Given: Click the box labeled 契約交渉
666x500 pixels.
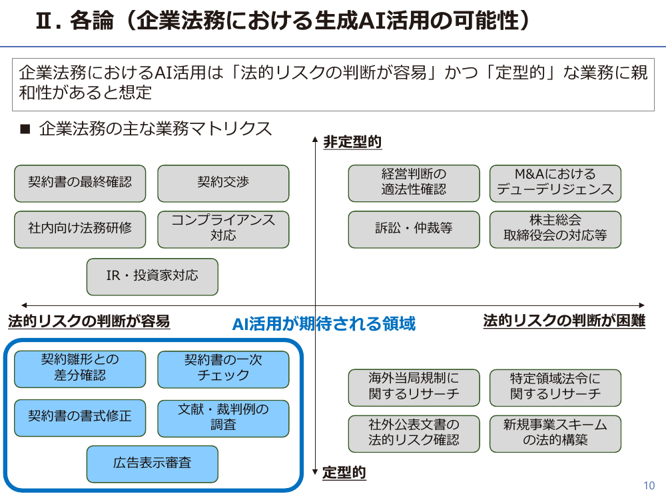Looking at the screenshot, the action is pyautogui.click(x=223, y=183).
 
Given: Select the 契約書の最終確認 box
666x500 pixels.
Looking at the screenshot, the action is pyautogui.click(x=80, y=183).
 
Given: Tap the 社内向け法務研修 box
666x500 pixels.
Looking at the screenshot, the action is pyautogui.click(x=80, y=229).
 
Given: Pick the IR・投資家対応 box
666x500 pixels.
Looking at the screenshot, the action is pyautogui.click(x=152, y=277).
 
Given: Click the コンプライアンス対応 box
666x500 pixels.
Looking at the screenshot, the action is pyautogui.click(x=223, y=229).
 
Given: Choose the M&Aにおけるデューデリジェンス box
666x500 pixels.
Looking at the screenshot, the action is pyautogui.click(x=555, y=183).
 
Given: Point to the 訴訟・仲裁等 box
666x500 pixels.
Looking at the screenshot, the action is pyautogui.click(x=414, y=229).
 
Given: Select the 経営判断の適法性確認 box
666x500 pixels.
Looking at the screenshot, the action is pyautogui.click(x=414, y=183).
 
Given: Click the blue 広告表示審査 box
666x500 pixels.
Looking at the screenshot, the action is pyautogui.click(x=152, y=464).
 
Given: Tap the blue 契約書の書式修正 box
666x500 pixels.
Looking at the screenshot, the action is pyautogui.click(x=80, y=418).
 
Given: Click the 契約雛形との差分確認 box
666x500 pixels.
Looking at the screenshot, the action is pyautogui.click(x=80, y=369).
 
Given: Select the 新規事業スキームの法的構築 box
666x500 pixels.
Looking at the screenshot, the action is pyautogui.click(x=555, y=434).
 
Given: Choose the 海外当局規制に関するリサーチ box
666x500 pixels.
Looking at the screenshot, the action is pyautogui.click(x=414, y=388).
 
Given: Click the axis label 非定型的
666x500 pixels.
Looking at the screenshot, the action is pyautogui.click(x=352, y=142).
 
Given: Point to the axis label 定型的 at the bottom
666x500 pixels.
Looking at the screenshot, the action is pyautogui.click(x=344, y=473).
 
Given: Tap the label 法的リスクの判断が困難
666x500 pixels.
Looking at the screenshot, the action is pyautogui.click(x=564, y=321).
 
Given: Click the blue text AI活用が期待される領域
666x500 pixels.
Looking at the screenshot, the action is pyautogui.click(x=324, y=324).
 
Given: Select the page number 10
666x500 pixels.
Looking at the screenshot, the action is pyautogui.click(x=649, y=485).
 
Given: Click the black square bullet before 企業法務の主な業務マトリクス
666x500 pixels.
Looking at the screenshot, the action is pyautogui.click(x=25, y=129).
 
